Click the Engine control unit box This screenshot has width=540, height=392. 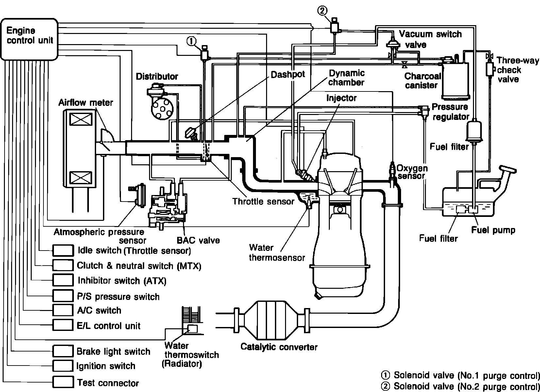click(30, 39)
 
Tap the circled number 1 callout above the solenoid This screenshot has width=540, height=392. click(191, 41)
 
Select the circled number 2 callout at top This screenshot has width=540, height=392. click(322, 11)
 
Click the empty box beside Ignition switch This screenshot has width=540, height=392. click(63, 366)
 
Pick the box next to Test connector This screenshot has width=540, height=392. click(63, 382)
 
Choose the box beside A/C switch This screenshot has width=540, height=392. click(63, 310)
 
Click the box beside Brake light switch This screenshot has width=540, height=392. click(63, 351)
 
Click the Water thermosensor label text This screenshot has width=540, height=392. click(277, 253)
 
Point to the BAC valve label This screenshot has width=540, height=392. click(198, 240)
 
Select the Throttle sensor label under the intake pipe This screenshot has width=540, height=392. click(263, 201)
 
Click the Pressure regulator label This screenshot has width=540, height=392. click(450, 112)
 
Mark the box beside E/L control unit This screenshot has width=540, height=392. click(63, 325)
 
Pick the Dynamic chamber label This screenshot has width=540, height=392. click(346, 78)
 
